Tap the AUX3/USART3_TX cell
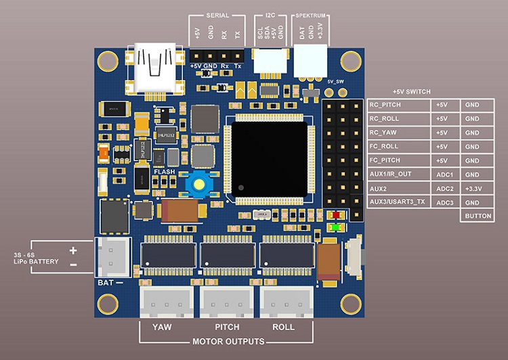coord(398,202)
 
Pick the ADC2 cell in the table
coord(444,188)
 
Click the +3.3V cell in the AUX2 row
coord(476,188)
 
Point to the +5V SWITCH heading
coord(412,91)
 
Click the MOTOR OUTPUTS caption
coord(228,341)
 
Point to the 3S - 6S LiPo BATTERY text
coord(37,258)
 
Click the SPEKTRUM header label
coord(310,15)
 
